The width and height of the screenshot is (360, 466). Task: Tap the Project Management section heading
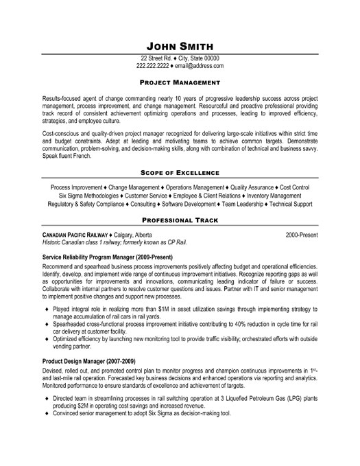tap(180, 81)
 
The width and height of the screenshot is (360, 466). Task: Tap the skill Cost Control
tap(296, 186)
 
